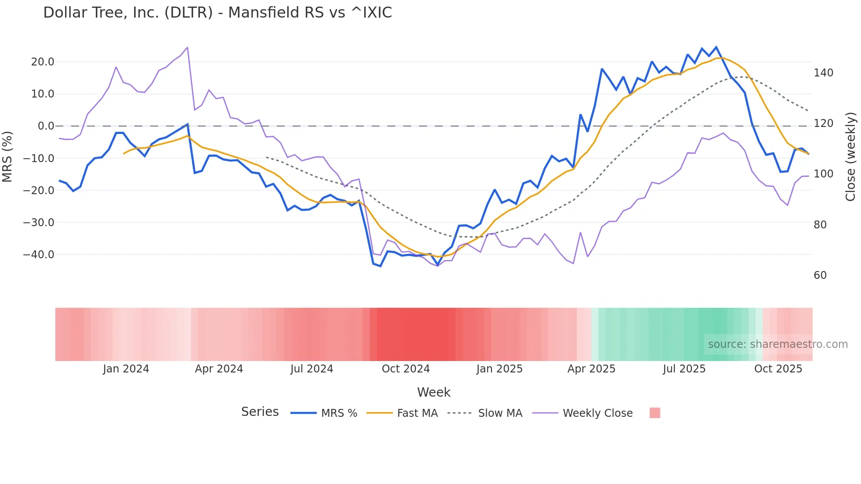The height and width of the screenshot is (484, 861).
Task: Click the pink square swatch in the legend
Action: pyautogui.click(x=655, y=413)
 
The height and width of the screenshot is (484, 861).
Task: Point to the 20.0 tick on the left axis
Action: pyautogui.click(x=43, y=62)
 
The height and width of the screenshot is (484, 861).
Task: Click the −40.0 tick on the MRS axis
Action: pyautogui.click(x=39, y=255)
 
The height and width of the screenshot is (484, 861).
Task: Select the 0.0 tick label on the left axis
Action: pyautogui.click(x=46, y=126)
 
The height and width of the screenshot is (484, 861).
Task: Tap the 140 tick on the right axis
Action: pyautogui.click(x=823, y=73)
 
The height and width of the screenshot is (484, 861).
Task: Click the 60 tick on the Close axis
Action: pyautogui.click(x=820, y=275)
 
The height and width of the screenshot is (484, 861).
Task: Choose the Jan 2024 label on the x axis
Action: pyautogui.click(x=126, y=369)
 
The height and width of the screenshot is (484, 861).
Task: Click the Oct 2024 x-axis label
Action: pyautogui.click(x=405, y=369)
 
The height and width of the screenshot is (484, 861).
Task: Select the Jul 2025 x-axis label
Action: pyautogui.click(x=684, y=369)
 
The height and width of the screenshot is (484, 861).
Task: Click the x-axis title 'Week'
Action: pyautogui.click(x=434, y=392)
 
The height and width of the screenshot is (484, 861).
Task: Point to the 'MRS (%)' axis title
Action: pyautogui.click(x=7, y=157)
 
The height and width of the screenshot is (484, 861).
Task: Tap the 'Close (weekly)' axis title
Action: pyautogui.click(x=851, y=157)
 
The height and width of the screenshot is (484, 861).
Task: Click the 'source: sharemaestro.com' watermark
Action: pyautogui.click(x=778, y=344)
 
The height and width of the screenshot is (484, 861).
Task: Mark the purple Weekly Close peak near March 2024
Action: pyautogui.click(x=188, y=47)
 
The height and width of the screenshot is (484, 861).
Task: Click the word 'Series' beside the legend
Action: pyautogui.click(x=260, y=412)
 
